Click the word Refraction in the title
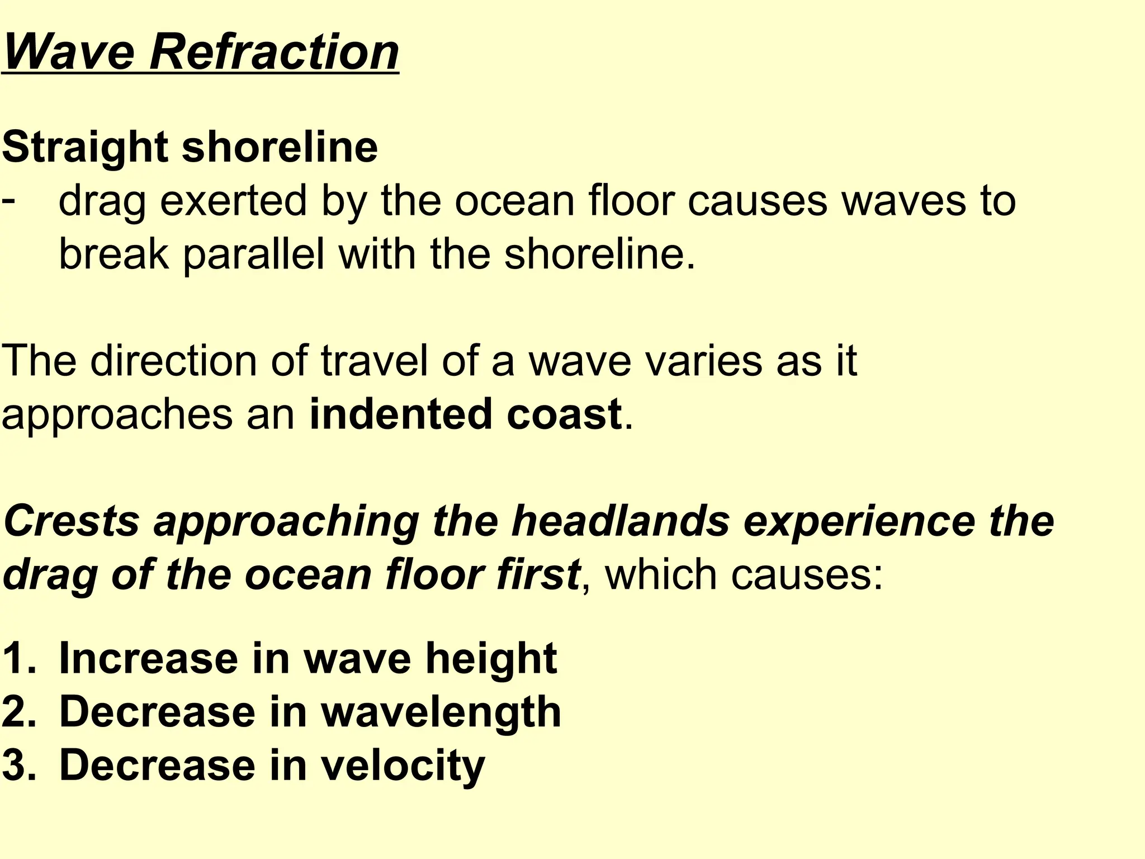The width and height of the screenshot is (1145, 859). (274, 52)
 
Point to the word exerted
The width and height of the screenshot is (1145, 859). (233, 201)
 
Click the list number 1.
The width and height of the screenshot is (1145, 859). (18, 658)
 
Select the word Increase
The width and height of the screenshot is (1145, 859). (148, 658)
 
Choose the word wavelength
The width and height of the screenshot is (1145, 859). (441, 712)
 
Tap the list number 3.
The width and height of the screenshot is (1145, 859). (18, 766)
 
